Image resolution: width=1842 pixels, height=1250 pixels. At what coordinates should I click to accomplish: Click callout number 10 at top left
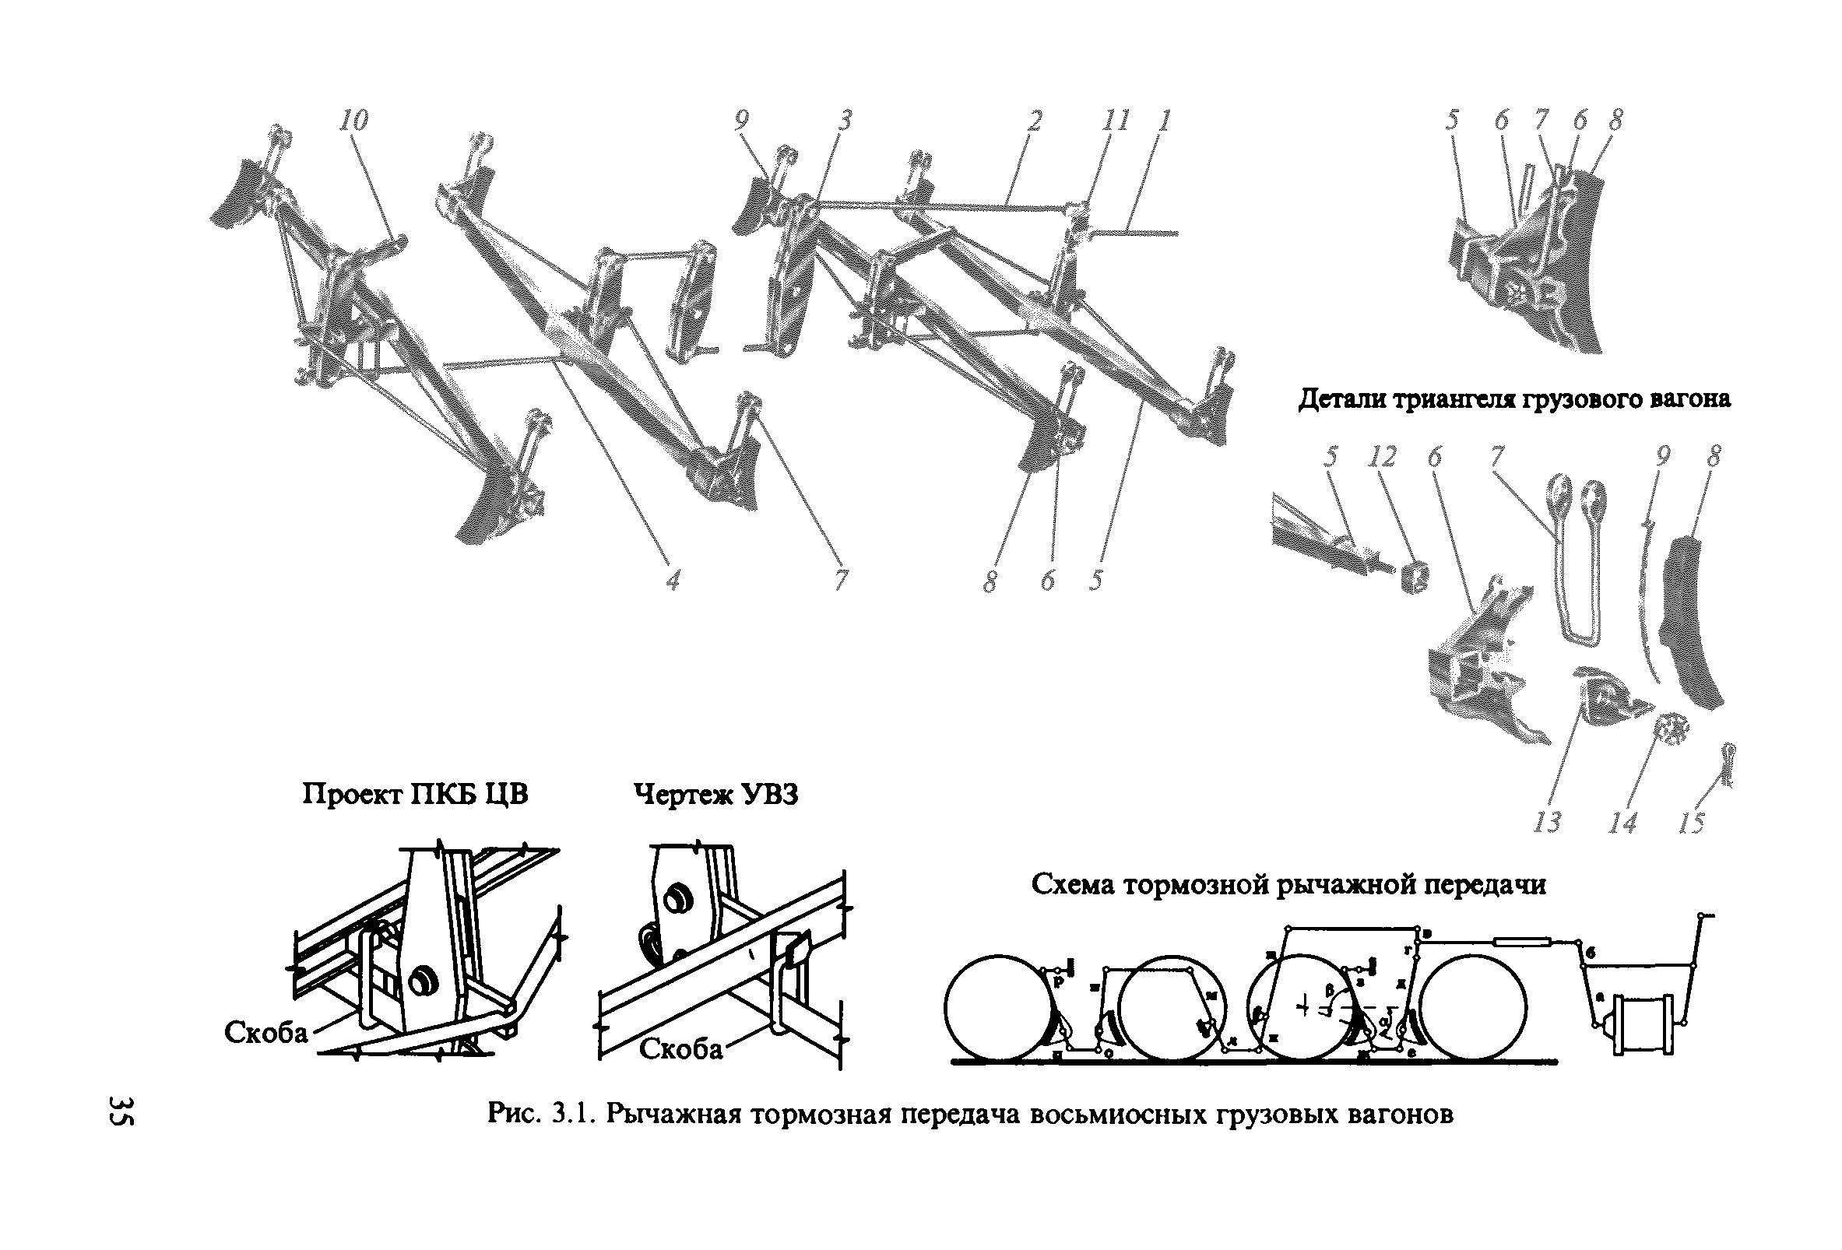tap(353, 121)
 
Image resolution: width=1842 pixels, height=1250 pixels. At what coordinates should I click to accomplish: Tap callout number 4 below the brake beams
tap(672, 580)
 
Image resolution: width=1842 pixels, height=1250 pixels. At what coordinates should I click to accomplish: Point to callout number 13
tap(1546, 822)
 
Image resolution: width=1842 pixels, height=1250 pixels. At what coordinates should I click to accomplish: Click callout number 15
tap(1691, 823)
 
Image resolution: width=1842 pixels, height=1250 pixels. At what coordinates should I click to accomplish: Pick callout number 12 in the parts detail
tap(1384, 458)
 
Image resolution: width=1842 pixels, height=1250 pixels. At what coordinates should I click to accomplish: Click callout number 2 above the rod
tap(1034, 121)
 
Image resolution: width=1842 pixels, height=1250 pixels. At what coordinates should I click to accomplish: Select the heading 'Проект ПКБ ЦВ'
tap(414, 793)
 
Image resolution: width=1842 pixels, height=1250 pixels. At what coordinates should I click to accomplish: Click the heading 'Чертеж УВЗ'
tap(715, 793)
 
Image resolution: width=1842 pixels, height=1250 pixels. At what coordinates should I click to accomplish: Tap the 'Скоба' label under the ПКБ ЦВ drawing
tap(265, 1032)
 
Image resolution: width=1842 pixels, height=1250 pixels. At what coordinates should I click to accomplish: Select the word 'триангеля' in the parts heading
tap(1509, 399)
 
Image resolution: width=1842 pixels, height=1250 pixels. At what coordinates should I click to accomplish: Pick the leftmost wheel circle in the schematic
tap(996, 1007)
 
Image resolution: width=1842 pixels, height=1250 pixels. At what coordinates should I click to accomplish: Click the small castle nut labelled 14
tap(1668, 728)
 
